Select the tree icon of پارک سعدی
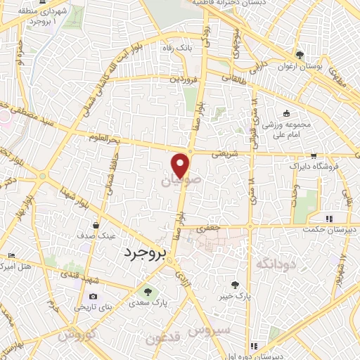[147, 291]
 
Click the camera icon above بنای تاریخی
[94, 297]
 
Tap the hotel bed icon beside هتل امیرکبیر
[10, 255]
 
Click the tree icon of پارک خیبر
[235, 285]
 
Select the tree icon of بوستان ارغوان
[300, 55]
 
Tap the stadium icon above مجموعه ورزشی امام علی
[286, 114]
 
